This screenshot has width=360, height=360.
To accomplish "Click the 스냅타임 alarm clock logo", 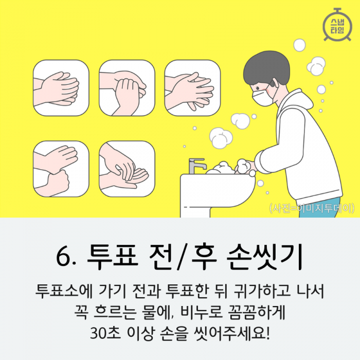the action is point(337,25).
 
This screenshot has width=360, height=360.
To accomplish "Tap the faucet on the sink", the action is point(196,166).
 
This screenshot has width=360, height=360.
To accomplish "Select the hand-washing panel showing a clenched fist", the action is point(61,169).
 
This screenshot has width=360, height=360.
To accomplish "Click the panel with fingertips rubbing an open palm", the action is point(127,169).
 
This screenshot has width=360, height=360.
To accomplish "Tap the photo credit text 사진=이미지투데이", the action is point(312,208).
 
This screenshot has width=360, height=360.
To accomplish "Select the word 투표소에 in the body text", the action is point(64,292).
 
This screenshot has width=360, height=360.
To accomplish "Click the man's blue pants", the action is point(319,207).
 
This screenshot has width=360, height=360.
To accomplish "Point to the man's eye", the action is point(258,88).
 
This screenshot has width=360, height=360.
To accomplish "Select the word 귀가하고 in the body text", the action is point(261,292).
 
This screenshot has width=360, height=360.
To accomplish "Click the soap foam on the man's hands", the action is point(243,166).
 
